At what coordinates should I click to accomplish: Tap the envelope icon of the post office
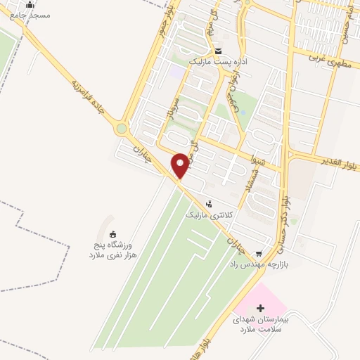click(219, 51)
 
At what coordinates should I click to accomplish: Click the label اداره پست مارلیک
click(217, 62)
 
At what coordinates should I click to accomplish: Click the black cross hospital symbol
click(261, 308)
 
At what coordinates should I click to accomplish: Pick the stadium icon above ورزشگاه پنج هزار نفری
click(114, 234)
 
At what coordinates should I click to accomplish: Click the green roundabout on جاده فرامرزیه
click(122, 129)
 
